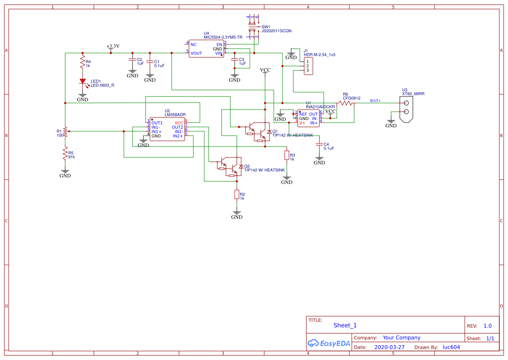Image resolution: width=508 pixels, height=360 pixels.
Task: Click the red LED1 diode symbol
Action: (x=82, y=81)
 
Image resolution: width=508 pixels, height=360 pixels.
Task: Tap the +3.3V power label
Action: (x=113, y=46)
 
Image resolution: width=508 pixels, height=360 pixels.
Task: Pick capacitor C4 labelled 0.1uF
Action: (x=319, y=144)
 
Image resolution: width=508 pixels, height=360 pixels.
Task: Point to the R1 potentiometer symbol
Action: (x=65, y=131)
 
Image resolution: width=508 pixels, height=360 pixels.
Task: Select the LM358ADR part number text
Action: (x=175, y=115)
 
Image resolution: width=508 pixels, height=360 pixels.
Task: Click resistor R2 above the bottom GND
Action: (x=236, y=194)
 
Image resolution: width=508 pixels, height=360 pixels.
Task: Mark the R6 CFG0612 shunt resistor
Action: (x=345, y=103)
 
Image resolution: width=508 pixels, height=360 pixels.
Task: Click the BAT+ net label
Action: (x=375, y=101)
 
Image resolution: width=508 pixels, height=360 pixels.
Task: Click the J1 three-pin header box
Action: (x=308, y=66)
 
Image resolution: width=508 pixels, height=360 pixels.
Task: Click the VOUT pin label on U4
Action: (x=196, y=53)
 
